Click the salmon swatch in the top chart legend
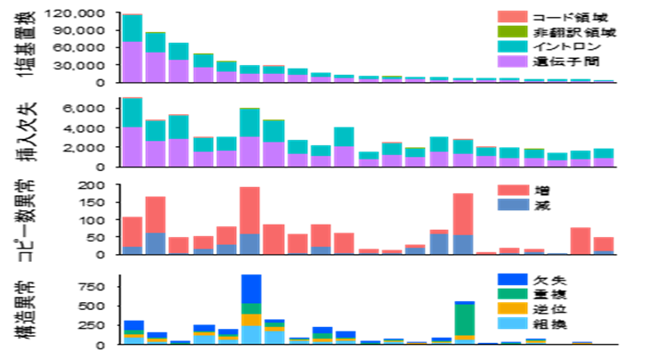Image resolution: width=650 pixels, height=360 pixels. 512,17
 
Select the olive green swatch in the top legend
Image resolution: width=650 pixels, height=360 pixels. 512,32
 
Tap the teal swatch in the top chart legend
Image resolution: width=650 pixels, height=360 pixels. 512,46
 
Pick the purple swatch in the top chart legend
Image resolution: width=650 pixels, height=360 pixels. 512,61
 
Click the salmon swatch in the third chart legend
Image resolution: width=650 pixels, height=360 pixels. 513,191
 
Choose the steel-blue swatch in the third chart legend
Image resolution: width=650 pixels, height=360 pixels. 513,205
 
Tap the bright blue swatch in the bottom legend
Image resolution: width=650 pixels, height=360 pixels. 512,280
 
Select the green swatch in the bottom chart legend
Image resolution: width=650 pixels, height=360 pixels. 512,293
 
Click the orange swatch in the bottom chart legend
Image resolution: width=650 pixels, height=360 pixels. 512,308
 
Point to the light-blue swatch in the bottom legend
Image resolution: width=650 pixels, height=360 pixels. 512,323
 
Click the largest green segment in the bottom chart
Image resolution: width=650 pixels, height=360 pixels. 465,320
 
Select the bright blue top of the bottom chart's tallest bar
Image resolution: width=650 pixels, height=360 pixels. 251,289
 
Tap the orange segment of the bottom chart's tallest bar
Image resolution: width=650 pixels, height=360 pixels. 251,320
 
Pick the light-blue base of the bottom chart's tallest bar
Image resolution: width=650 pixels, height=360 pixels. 251,334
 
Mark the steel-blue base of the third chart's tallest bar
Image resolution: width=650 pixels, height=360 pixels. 249,244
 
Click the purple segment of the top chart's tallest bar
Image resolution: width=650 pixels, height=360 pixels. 133,61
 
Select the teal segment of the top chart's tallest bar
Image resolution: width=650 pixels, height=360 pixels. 133,29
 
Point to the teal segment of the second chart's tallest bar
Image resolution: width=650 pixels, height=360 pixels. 133,112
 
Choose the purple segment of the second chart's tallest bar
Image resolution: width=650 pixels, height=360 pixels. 133,146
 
